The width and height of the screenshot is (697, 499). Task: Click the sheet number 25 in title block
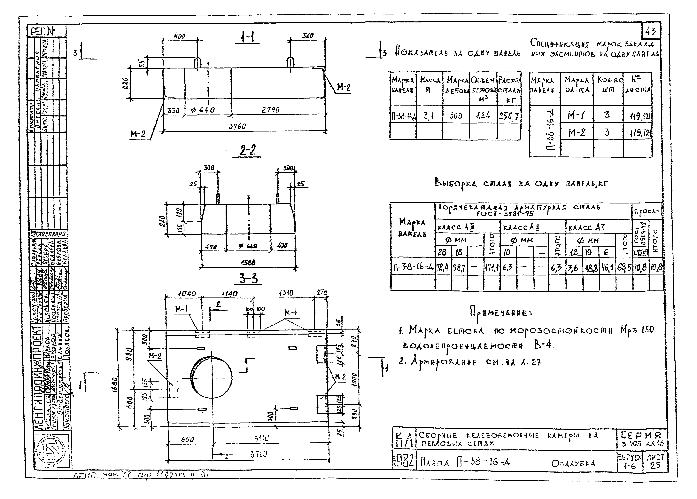point(655,465)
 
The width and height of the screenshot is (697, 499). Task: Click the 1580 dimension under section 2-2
point(248,263)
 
